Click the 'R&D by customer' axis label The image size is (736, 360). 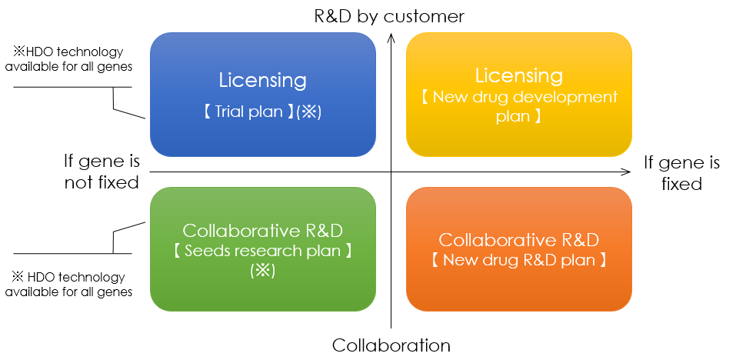[x=389, y=16]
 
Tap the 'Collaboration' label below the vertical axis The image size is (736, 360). [x=391, y=345]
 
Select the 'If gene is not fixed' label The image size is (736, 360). [x=102, y=172]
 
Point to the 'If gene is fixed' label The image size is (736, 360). [x=681, y=173]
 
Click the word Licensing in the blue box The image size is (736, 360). [x=262, y=80]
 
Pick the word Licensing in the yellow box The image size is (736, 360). [x=518, y=76]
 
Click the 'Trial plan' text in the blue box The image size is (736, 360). [x=248, y=112]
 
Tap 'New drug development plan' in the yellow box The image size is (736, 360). [x=518, y=106]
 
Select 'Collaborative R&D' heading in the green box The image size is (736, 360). [x=262, y=231]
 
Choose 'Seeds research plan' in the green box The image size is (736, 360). [x=262, y=251]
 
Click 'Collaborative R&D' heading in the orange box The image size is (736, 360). [x=518, y=240]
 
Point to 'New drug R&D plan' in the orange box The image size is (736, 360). [x=518, y=259]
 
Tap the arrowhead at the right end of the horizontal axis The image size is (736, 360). [x=626, y=172]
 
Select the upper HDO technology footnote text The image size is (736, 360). [x=68, y=59]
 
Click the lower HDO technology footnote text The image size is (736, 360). [x=68, y=285]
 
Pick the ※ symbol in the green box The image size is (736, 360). [x=262, y=271]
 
